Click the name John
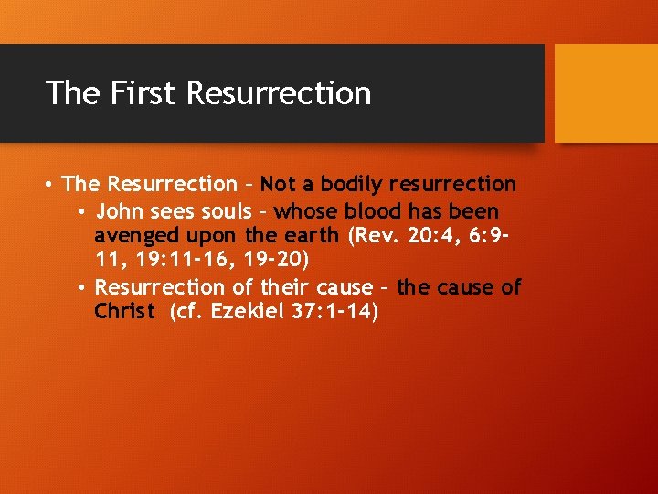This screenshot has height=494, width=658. pos(120,211)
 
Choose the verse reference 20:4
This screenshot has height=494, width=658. pos(424,236)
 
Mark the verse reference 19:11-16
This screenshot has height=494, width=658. pos(184,261)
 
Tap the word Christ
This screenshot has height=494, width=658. pos(124,311)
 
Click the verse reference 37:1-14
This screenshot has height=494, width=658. pos(331,311)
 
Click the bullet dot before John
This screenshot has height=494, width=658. pos(82,212)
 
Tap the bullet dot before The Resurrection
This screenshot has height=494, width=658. pos(48,185)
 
